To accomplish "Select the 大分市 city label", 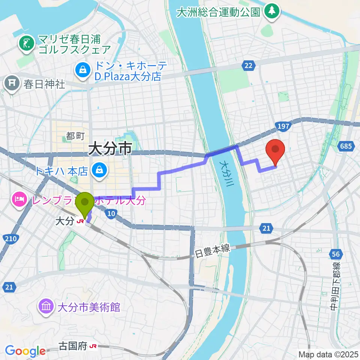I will coord(110,149).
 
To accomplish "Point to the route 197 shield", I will coord(283,126).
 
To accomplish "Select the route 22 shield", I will coord(248,66).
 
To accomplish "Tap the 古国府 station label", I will coord(73,347).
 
